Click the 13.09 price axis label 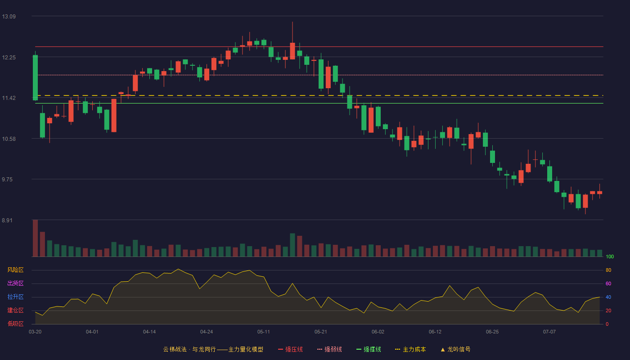9,17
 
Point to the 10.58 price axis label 9,139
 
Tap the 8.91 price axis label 7,220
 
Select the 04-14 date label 149,332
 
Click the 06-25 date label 492,332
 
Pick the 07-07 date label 549,332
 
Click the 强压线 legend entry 291,349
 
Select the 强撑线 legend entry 369,349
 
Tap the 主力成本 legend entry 410,349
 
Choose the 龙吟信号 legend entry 455,349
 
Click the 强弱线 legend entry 329,349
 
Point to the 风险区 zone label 15,270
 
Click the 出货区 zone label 15,283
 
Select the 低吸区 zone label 15,324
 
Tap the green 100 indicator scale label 610,256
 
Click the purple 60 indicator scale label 608,283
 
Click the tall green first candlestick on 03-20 35,77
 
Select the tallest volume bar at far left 35,238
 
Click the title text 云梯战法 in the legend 175,349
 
